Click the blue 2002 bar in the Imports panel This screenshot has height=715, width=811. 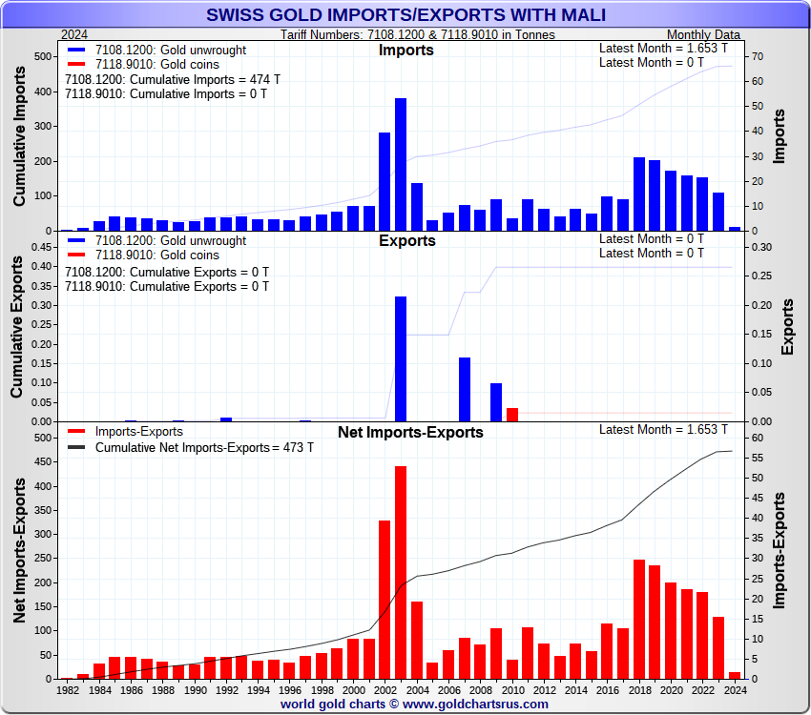point(385,181)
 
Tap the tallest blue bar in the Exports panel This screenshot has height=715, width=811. point(401,358)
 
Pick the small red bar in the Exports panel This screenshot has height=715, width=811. point(512,415)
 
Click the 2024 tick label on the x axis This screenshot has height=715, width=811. point(735,689)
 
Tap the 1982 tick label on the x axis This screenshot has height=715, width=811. point(68,689)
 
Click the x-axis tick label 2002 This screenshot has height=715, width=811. point(385,689)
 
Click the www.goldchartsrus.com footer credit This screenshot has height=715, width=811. point(415,705)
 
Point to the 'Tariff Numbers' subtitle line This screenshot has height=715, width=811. point(418,35)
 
